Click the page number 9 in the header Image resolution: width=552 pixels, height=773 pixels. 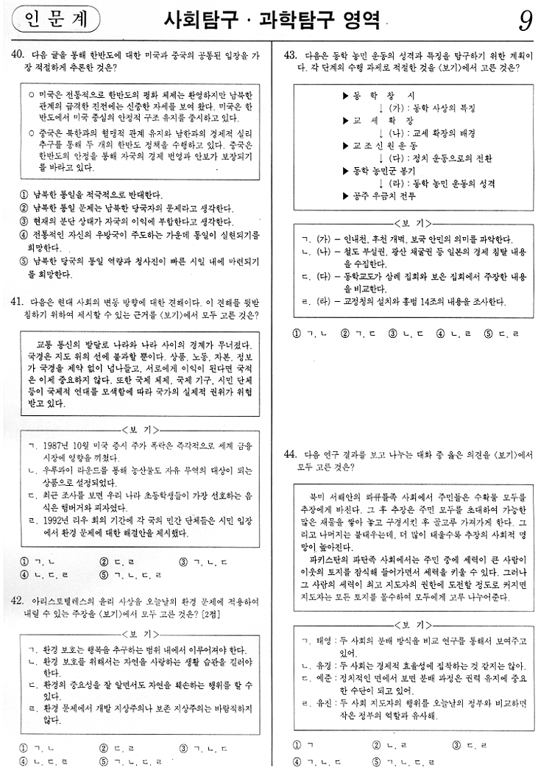526,21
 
